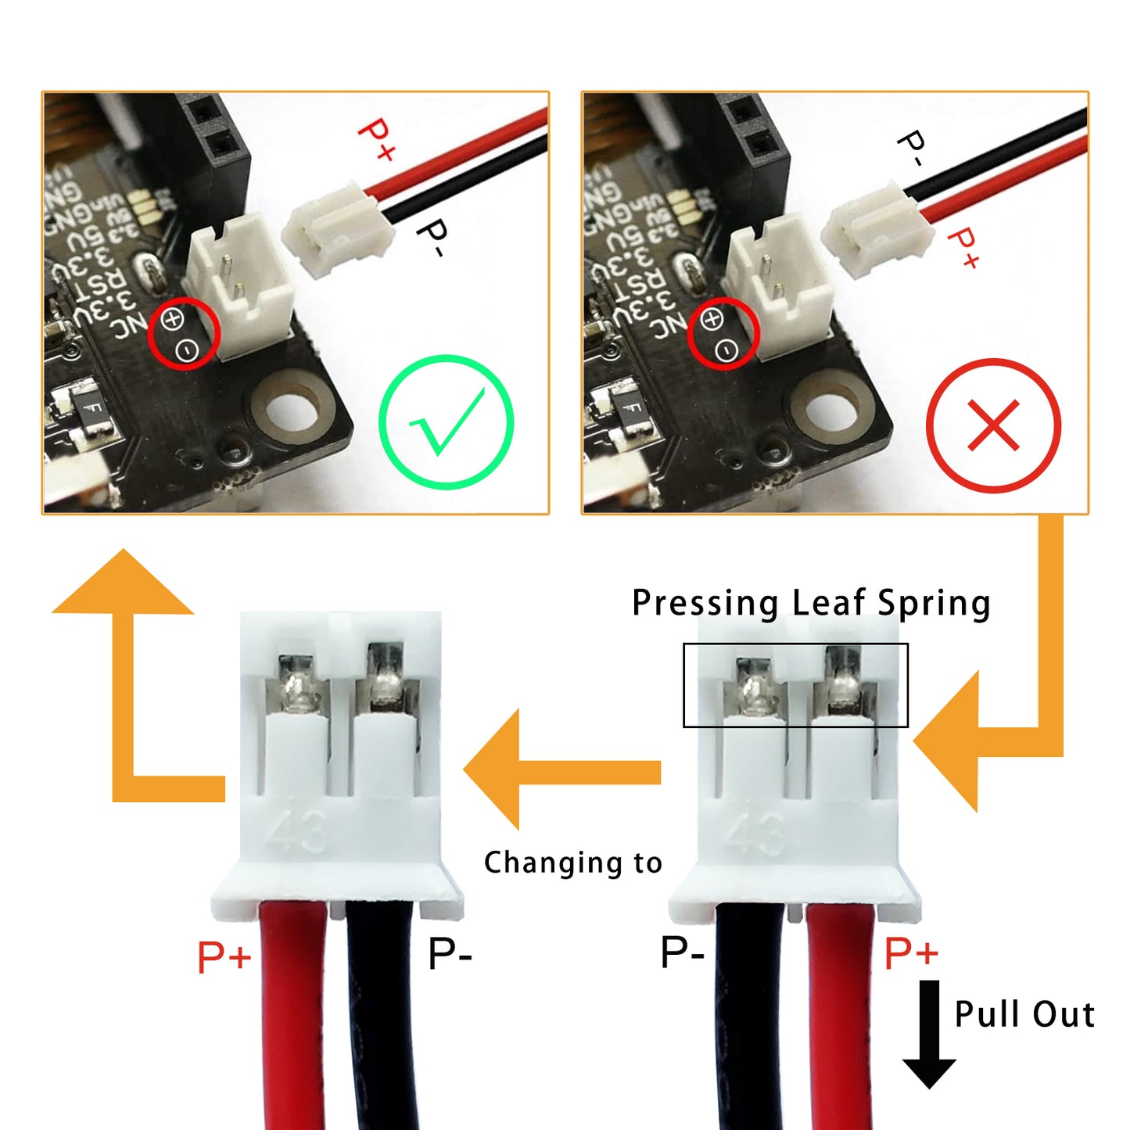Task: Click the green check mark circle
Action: click(446, 422)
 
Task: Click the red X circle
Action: click(993, 425)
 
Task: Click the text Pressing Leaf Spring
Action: click(811, 603)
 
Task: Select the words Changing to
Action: click(572, 863)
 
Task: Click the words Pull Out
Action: click(1024, 1014)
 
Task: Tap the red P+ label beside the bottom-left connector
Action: click(224, 956)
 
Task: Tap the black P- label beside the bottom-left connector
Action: click(450, 954)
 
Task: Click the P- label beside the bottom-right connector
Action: click(682, 952)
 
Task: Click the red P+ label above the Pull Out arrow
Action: click(910, 953)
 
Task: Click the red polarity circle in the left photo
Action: click(184, 334)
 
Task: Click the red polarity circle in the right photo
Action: click(723, 332)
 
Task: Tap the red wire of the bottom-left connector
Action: click(292, 1017)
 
